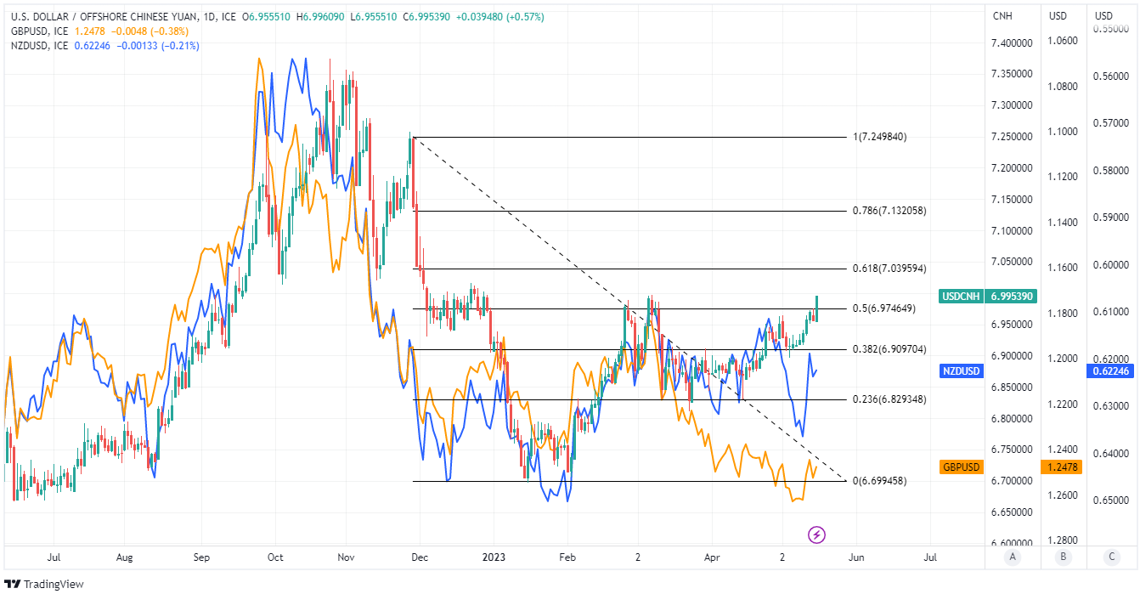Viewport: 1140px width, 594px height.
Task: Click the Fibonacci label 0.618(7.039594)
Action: (x=889, y=269)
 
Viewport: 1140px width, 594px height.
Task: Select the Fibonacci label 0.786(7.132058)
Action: (x=889, y=211)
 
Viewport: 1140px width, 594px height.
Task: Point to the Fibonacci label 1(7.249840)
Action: (x=880, y=137)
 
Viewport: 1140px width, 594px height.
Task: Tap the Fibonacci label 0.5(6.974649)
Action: (x=883, y=308)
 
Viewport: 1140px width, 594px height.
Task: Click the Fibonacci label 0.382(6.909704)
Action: (x=889, y=349)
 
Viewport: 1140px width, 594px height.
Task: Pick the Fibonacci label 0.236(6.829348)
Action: (x=889, y=399)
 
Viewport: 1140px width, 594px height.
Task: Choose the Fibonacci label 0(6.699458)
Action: (x=879, y=481)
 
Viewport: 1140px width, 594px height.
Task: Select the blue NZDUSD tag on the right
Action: (x=962, y=371)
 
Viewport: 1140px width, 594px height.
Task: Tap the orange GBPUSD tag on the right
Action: (x=962, y=467)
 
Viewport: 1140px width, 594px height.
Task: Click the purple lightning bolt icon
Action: (x=816, y=535)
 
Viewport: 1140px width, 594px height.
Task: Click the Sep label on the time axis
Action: (x=201, y=557)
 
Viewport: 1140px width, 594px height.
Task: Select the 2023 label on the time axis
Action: (x=493, y=557)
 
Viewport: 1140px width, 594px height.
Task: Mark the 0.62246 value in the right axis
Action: (x=1109, y=371)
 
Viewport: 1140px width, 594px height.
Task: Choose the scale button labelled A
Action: (x=1011, y=557)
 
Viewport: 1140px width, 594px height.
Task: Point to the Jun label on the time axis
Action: (x=856, y=557)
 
